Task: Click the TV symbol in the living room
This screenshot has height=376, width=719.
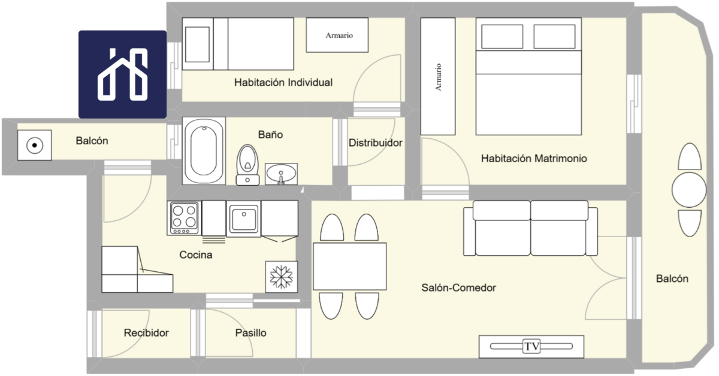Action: point(531,347)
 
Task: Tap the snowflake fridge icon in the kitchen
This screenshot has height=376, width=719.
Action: point(282,277)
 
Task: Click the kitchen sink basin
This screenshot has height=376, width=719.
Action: point(244,219)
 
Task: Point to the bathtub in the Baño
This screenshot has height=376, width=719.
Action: point(204,151)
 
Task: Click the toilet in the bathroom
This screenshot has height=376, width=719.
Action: point(247,165)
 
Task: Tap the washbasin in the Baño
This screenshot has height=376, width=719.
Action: point(281,174)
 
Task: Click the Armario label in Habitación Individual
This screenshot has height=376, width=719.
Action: point(339,35)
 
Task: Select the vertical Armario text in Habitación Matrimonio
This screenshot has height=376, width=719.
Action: point(438,77)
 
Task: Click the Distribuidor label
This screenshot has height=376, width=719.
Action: point(376,142)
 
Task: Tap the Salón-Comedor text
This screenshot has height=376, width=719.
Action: point(459,288)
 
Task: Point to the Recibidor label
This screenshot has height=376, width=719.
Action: point(146,333)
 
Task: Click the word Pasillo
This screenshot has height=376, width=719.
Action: point(250,333)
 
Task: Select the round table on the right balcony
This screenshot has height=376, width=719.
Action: point(689,190)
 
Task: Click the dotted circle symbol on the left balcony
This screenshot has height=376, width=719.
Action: point(35,145)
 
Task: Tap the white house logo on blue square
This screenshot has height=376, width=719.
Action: point(123,74)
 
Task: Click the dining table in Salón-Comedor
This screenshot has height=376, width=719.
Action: point(350,266)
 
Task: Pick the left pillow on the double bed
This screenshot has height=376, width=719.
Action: point(502,37)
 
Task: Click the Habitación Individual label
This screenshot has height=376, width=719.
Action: point(283,83)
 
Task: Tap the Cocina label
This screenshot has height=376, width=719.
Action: point(196,254)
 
